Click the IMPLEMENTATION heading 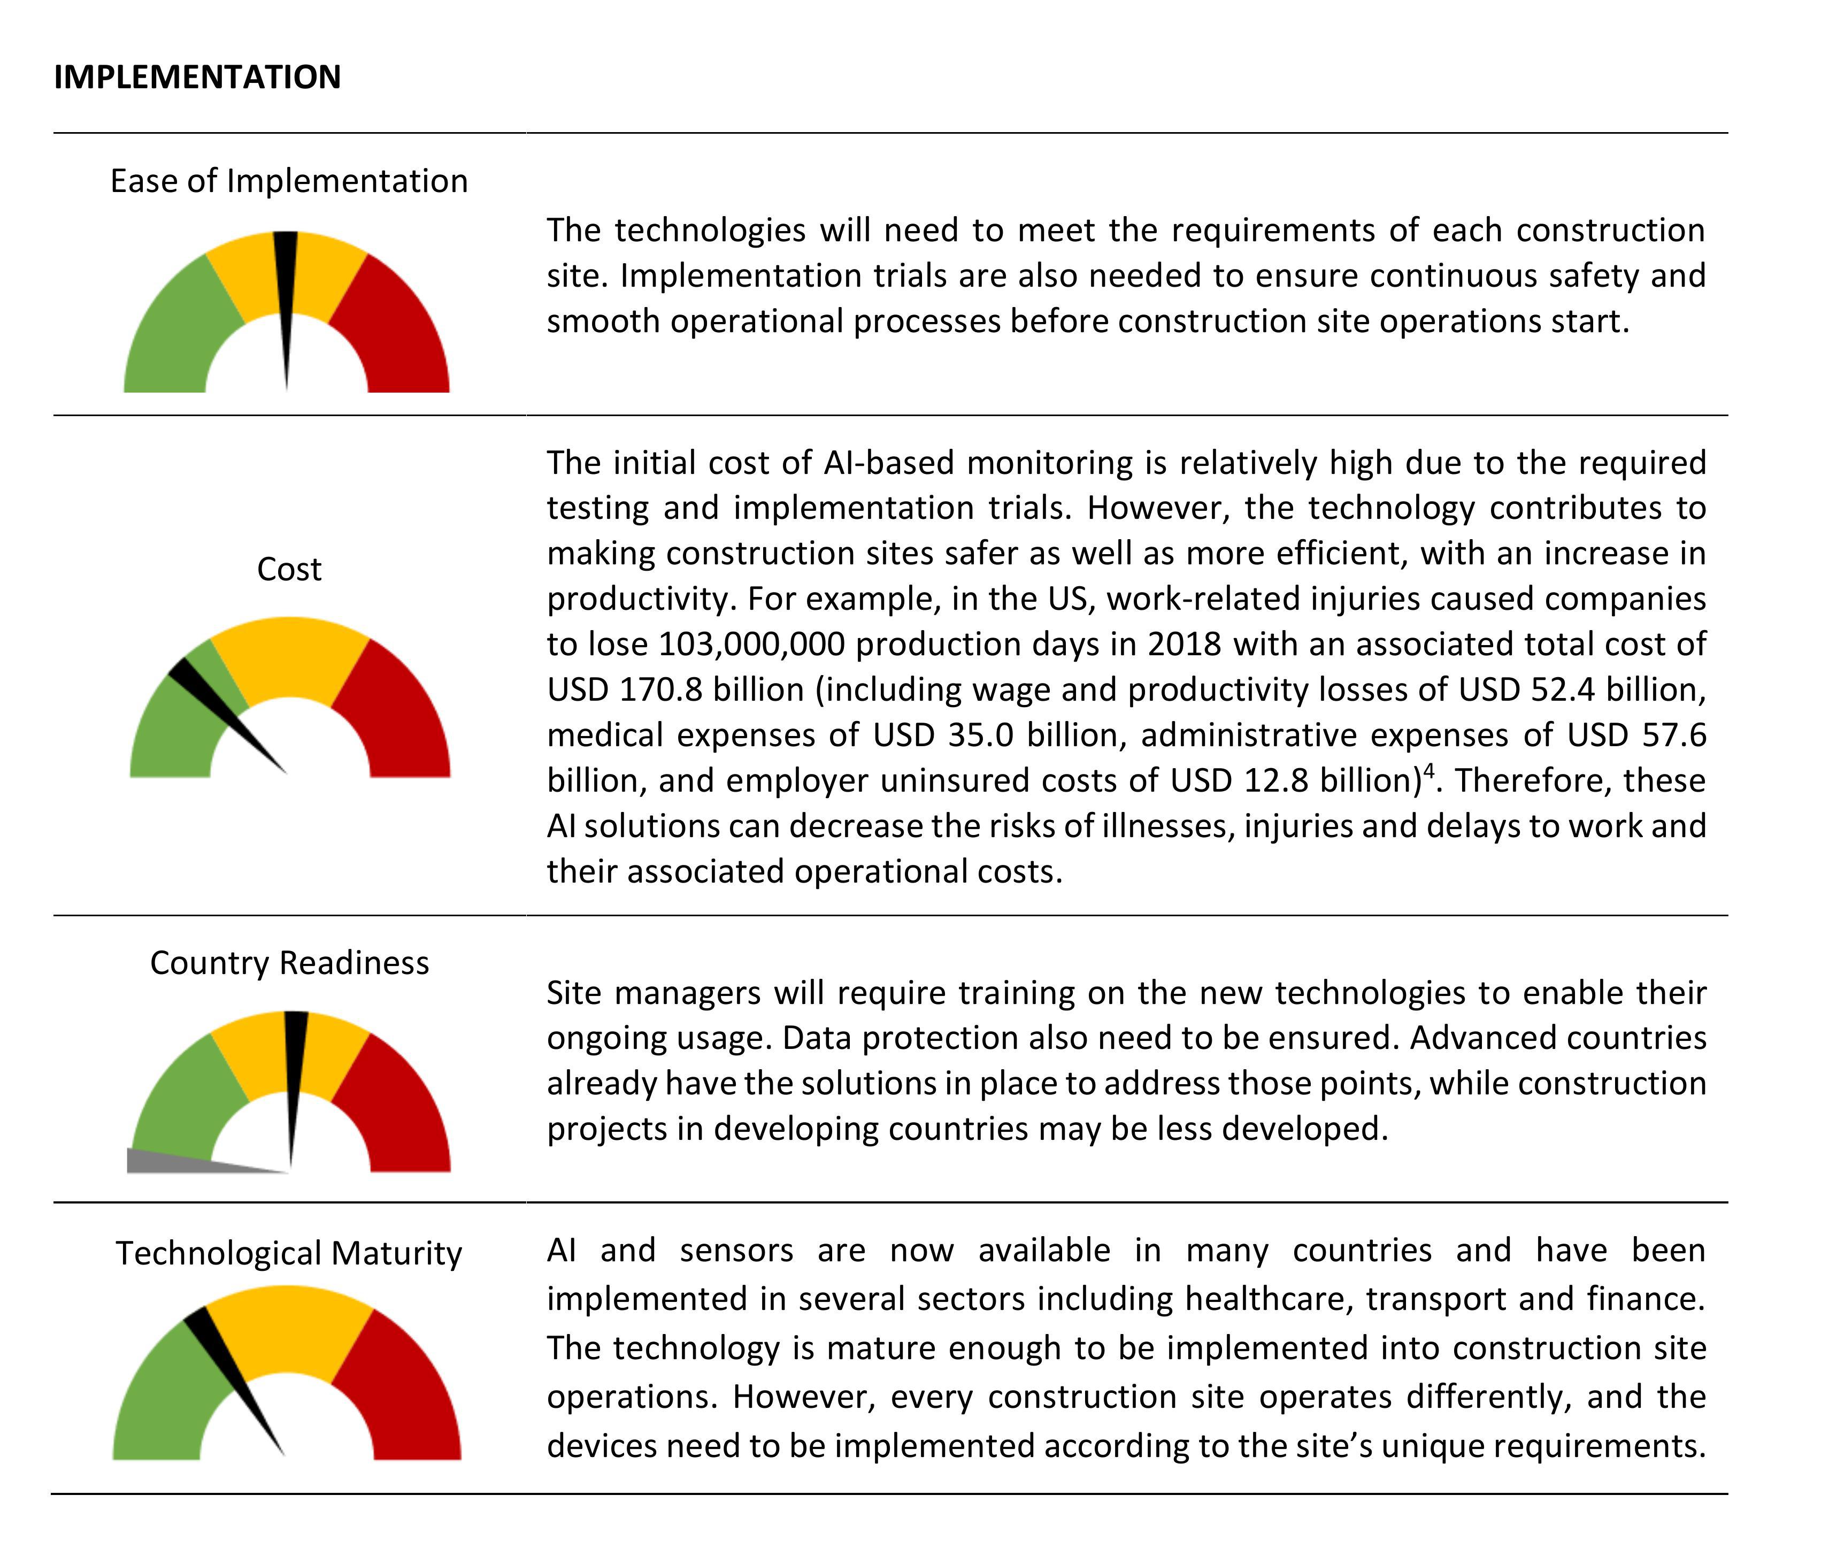coord(197,77)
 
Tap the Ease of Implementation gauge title coord(289,181)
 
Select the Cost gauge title coord(289,569)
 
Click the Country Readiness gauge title coord(289,963)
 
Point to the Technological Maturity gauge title coord(289,1254)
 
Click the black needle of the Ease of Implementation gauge coord(286,302)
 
